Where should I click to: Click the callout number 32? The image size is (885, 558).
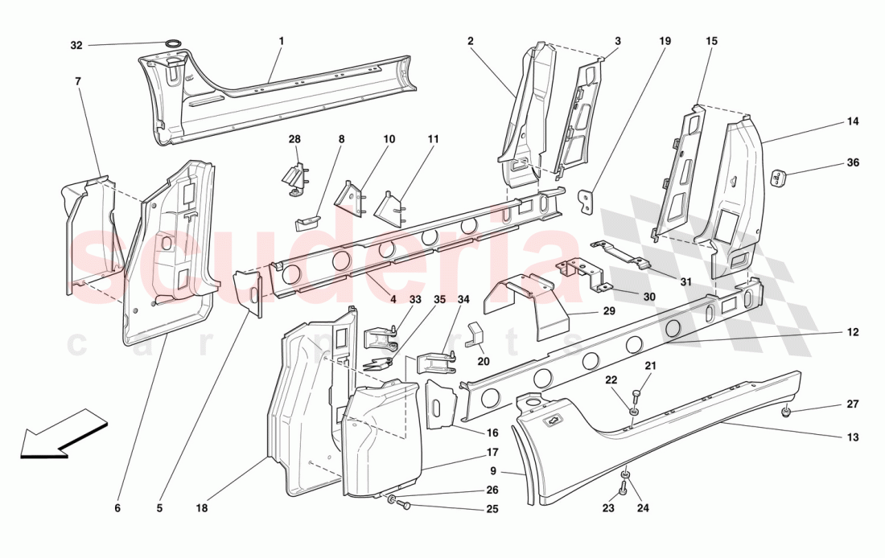click(76, 46)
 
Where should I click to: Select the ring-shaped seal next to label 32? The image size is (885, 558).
click(171, 43)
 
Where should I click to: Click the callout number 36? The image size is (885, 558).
click(853, 162)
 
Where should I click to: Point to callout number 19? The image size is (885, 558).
click(665, 40)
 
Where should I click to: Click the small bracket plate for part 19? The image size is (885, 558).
click(589, 201)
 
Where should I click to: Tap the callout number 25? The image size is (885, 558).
click(492, 508)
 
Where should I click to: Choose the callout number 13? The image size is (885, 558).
click(853, 437)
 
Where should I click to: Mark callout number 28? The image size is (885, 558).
click(294, 139)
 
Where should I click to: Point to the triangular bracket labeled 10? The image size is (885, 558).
click(350, 197)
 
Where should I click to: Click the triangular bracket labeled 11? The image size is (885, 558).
click(389, 203)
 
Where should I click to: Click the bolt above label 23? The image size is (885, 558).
click(624, 484)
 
